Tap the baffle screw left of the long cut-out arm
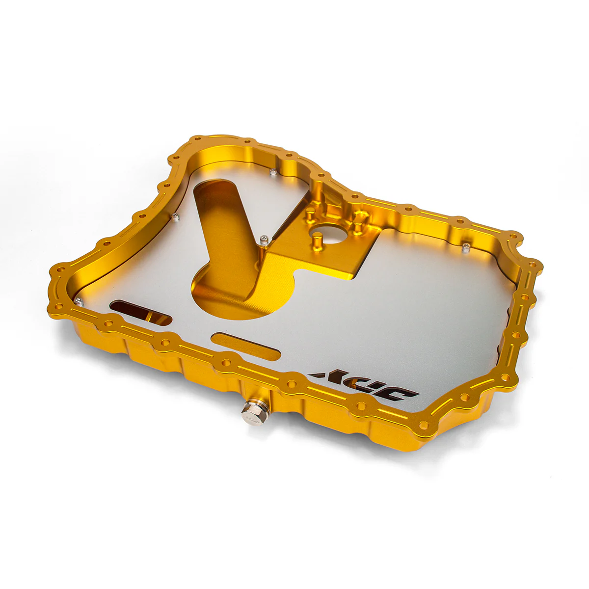[x=175, y=215]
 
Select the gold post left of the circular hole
[x=310, y=214]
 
